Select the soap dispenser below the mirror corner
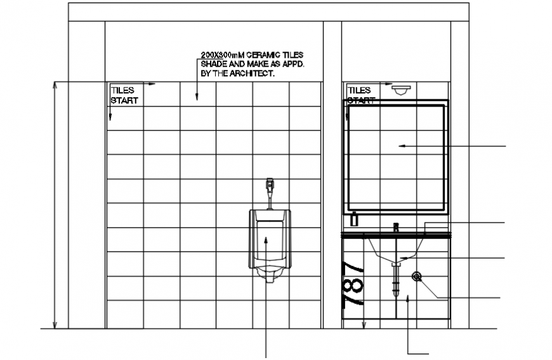click(x=355, y=218)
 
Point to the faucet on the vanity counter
click(x=397, y=227)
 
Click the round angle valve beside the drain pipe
click(x=417, y=276)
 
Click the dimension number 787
click(x=353, y=285)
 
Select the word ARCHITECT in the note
click(x=254, y=74)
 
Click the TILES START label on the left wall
click(x=123, y=95)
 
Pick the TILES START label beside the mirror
click(x=360, y=95)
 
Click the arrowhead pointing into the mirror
click(x=400, y=146)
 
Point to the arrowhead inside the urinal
click(x=266, y=240)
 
